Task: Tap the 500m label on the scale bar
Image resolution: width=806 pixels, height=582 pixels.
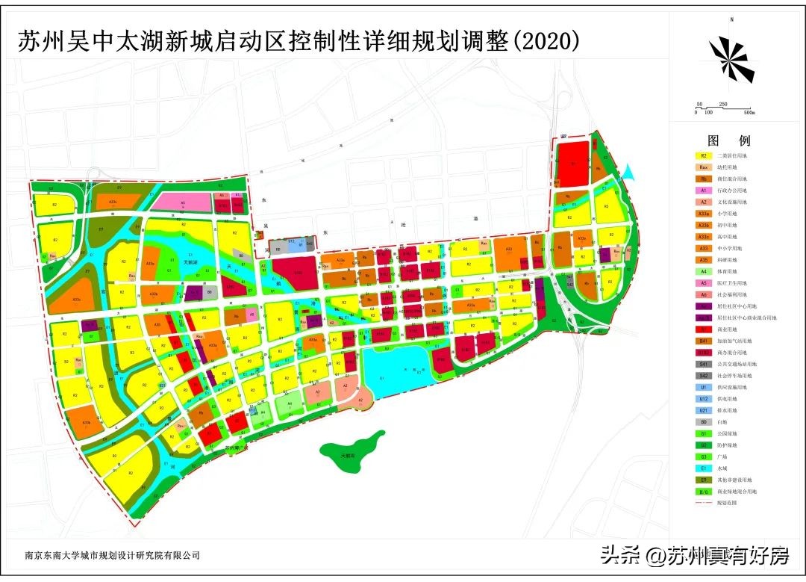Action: [x=748, y=112]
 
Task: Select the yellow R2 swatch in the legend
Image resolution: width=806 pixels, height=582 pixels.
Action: [x=704, y=155]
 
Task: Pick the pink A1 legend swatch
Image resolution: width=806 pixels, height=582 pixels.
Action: [x=704, y=191]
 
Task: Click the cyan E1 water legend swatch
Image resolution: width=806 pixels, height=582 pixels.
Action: [x=704, y=468]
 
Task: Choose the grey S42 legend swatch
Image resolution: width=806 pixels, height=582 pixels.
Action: [x=704, y=376]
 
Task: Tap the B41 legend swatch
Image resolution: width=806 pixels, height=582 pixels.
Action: [x=704, y=341]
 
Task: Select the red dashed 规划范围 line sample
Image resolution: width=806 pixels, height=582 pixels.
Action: [x=704, y=504]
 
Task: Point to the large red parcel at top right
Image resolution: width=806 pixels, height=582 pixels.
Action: [x=573, y=164]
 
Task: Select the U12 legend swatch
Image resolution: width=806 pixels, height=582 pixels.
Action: [x=704, y=399]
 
